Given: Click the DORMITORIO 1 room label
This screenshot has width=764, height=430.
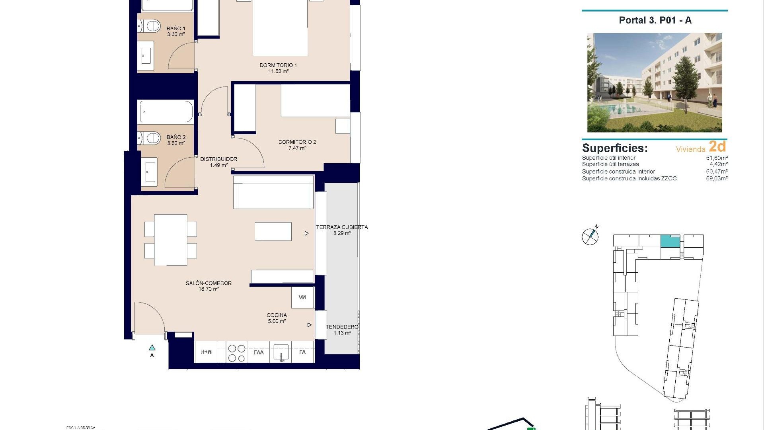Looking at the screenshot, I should pos(278,68).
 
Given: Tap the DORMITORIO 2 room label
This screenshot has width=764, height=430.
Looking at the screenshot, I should pos(297,145).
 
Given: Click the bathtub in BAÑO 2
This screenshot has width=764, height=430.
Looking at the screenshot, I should pos(166,111).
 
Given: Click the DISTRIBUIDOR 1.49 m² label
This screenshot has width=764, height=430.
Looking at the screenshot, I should pos(218,162).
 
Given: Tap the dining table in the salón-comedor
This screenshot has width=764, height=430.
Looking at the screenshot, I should pos(171,240).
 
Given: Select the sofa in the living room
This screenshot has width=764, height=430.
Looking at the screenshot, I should pos(273,192).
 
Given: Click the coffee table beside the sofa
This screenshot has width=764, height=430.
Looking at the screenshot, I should pos(273,232).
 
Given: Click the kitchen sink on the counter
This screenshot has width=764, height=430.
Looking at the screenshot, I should pos(281,352).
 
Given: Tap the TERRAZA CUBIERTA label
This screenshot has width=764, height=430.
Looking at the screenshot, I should pos(342,230).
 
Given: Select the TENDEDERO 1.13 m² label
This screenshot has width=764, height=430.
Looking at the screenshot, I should pos(342,330).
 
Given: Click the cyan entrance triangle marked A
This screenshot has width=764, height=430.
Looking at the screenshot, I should pos(152,348).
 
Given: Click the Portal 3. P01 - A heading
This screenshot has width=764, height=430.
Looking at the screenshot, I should pos(655,21).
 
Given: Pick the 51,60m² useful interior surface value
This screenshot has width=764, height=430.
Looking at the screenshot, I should pos(717,158).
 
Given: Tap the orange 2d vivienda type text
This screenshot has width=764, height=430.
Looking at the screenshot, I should pos(717,147).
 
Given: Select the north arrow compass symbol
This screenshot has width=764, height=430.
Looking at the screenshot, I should pos(590,236).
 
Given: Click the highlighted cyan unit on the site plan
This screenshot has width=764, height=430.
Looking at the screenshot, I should pos(670,241).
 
